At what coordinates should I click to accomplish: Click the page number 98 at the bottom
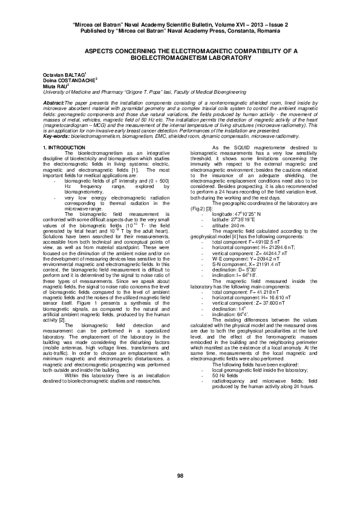click(x=180, y=477)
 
